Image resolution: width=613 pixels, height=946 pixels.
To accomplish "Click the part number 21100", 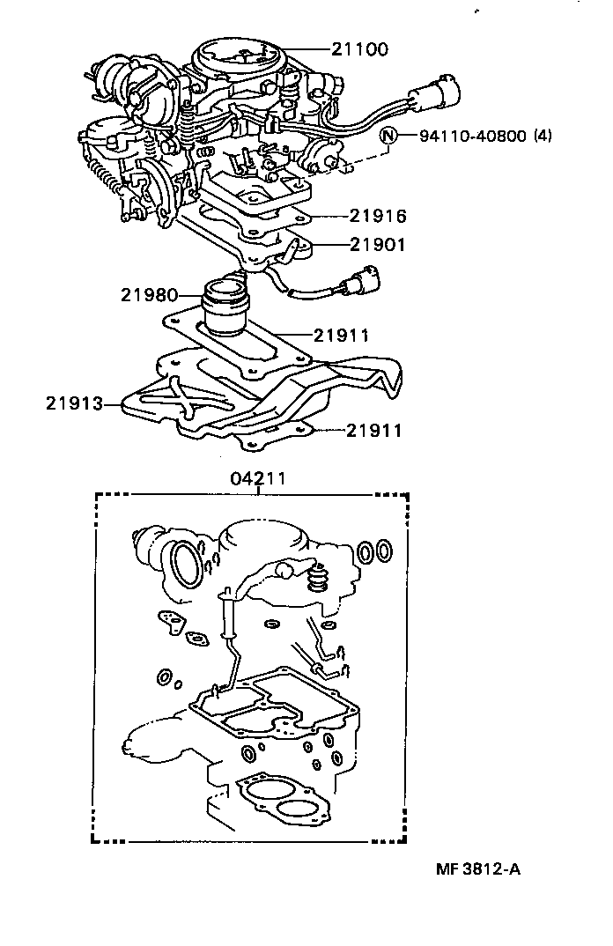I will tap(360, 50).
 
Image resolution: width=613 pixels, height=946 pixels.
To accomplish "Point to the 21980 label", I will tap(150, 294).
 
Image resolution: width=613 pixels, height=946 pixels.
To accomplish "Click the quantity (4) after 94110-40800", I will tap(543, 137).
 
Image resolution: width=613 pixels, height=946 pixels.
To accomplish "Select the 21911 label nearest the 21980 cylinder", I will tap(340, 335).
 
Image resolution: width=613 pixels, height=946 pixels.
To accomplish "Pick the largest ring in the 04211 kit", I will tap(186, 562).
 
